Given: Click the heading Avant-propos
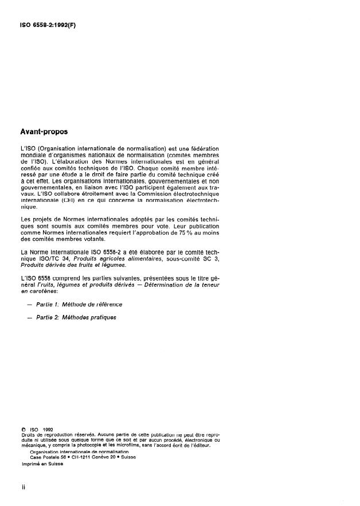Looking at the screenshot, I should coord(44,131).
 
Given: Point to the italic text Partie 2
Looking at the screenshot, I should coord(50,317).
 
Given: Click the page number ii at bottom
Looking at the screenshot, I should coord(22,486).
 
